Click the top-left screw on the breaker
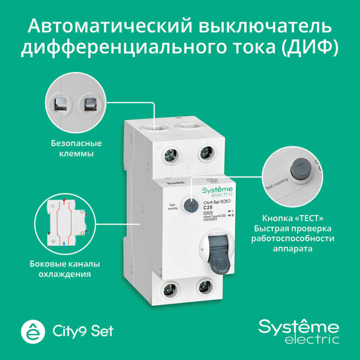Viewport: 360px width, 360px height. coord(170,155)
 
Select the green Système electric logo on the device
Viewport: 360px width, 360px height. coord(217,192)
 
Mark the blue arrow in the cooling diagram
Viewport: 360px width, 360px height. coord(64,243)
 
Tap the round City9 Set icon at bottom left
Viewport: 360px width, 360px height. coord(33,330)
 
